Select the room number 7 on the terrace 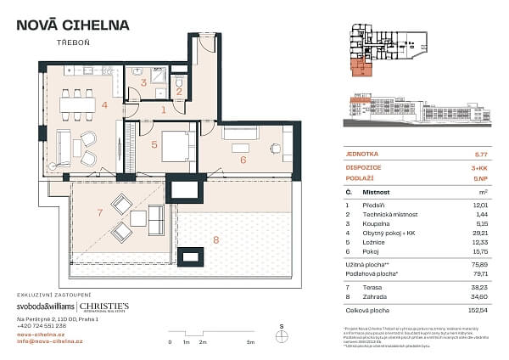tap(100, 211)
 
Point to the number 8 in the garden tap(215, 241)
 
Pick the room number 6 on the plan tap(243, 159)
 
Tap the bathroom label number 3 tap(144, 82)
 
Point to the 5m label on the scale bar tap(249, 342)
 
